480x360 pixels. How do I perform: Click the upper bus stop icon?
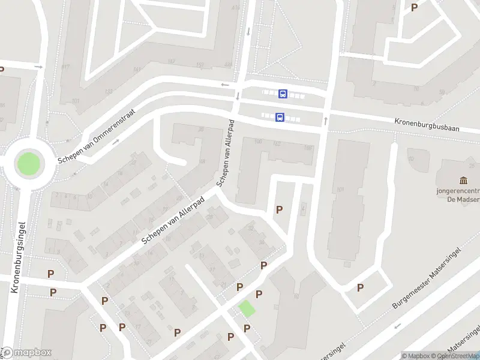coord(283,94)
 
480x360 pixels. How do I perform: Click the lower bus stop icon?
coord(280,118)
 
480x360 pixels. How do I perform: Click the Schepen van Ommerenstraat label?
coord(97,136)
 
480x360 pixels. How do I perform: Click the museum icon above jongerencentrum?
coord(463,181)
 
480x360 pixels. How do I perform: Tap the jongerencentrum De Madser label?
coord(459,197)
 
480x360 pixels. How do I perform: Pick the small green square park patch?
coord(247,310)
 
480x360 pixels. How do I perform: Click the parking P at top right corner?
coord(414,7)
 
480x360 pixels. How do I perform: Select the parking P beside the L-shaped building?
coord(279,209)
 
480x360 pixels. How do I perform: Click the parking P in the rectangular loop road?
coord(360,287)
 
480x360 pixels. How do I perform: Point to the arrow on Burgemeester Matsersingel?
coord(396,327)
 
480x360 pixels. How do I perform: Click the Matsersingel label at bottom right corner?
coord(465,339)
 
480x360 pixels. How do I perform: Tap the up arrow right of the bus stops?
coord(326,121)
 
